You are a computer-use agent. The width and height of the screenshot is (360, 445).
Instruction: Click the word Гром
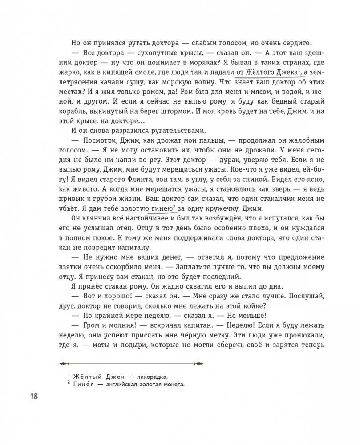click(92, 325)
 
